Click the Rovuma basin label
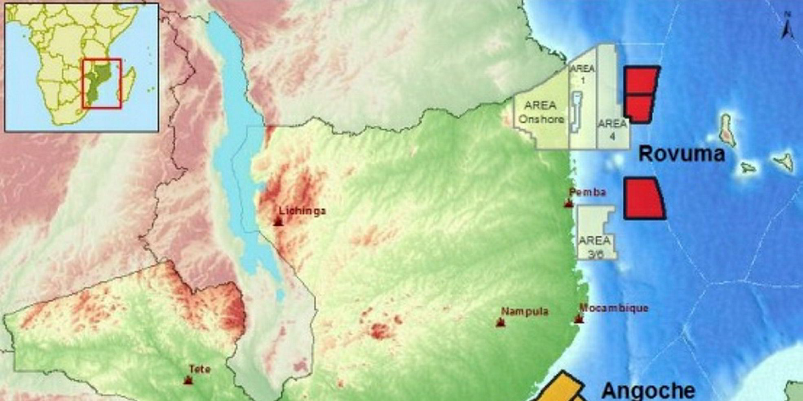[x=682, y=154]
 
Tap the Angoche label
[x=648, y=390]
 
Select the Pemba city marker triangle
[x=569, y=203]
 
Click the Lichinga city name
[x=302, y=211]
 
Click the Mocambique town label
[x=613, y=308]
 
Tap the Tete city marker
[x=188, y=380]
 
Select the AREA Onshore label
[x=540, y=112]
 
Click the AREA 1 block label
[x=582, y=74]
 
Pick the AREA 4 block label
[x=612, y=129]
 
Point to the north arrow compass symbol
[x=787, y=27]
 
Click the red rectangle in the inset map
[x=101, y=84]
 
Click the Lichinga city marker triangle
[x=278, y=222]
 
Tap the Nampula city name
[x=525, y=312]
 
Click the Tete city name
[x=200, y=369]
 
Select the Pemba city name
[x=587, y=192]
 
